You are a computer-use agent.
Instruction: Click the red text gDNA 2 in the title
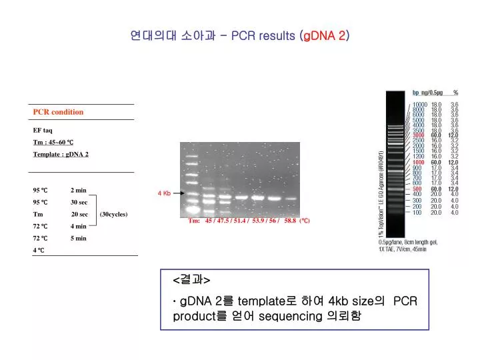pyautogui.click(x=325, y=36)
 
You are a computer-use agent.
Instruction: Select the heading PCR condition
pyautogui.click(x=58, y=112)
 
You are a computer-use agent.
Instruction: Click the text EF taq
pyautogui.click(x=43, y=130)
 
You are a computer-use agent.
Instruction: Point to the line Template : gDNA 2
pyautogui.click(x=61, y=155)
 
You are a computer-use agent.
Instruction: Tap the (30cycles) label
pyautogui.click(x=113, y=215)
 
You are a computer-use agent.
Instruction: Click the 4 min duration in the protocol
pyautogui.click(x=79, y=227)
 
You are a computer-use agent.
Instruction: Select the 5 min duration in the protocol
pyautogui.click(x=79, y=238)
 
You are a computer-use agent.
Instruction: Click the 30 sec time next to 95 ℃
pyautogui.click(x=79, y=202)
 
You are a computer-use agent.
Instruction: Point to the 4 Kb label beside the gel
pyautogui.click(x=164, y=193)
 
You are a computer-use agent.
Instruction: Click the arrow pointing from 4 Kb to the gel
pyautogui.click(x=177, y=193)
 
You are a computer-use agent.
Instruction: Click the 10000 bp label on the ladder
pyautogui.click(x=419, y=104)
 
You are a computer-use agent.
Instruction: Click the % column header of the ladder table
pyautogui.click(x=455, y=93)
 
